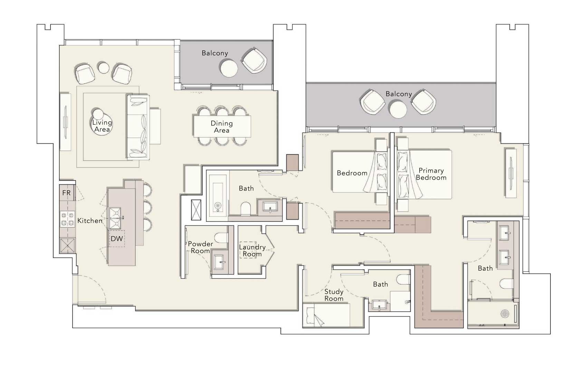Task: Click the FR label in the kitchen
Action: click(66, 193)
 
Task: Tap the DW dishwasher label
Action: click(117, 239)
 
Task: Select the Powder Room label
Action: click(200, 247)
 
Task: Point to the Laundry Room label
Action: click(252, 250)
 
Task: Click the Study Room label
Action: click(334, 295)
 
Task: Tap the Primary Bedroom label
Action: click(431, 174)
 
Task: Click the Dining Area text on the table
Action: click(222, 127)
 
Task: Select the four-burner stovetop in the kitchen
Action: click(67, 219)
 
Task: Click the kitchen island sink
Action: click(115, 218)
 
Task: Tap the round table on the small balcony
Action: click(229, 68)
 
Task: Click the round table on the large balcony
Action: click(398, 110)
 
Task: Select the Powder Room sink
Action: click(219, 262)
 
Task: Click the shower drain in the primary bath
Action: click(505, 313)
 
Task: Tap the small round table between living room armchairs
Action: click(104, 68)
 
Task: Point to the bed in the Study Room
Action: click(327, 315)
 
